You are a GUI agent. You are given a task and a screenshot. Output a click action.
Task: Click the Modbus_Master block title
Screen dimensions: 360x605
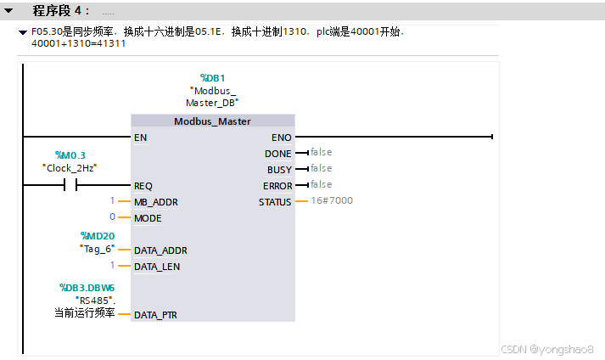[x=212, y=121]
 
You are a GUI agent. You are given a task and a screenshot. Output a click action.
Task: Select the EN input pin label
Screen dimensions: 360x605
[x=140, y=137]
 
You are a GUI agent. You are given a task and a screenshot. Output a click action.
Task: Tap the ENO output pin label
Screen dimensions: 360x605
[x=282, y=137]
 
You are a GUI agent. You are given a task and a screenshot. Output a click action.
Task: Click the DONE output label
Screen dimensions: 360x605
[x=278, y=154]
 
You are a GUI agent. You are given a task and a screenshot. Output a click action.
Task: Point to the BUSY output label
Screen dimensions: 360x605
[x=279, y=170]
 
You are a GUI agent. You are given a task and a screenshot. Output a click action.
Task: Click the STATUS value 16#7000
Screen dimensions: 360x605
[x=332, y=201]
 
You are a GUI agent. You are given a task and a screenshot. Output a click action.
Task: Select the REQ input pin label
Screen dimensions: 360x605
[x=143, y=186]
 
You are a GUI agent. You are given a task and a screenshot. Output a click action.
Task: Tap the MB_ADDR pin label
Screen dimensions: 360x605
[x=156, y=202]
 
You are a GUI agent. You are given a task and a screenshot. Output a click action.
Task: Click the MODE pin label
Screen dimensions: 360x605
[x=148, y=218]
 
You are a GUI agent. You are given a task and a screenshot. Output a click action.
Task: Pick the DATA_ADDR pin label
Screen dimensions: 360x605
[x=160, y=250]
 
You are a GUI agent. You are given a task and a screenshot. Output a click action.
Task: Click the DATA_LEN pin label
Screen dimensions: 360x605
[x=157, y=267]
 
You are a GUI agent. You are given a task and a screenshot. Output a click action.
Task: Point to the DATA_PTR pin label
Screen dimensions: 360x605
[x=156, y=315]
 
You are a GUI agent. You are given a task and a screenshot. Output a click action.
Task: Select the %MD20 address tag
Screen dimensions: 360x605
[x=97, y=235]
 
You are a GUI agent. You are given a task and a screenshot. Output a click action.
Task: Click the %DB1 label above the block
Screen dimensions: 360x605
[x=212, y=78]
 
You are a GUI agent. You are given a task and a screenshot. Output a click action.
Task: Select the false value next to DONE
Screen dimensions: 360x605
[x=321, y=153]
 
